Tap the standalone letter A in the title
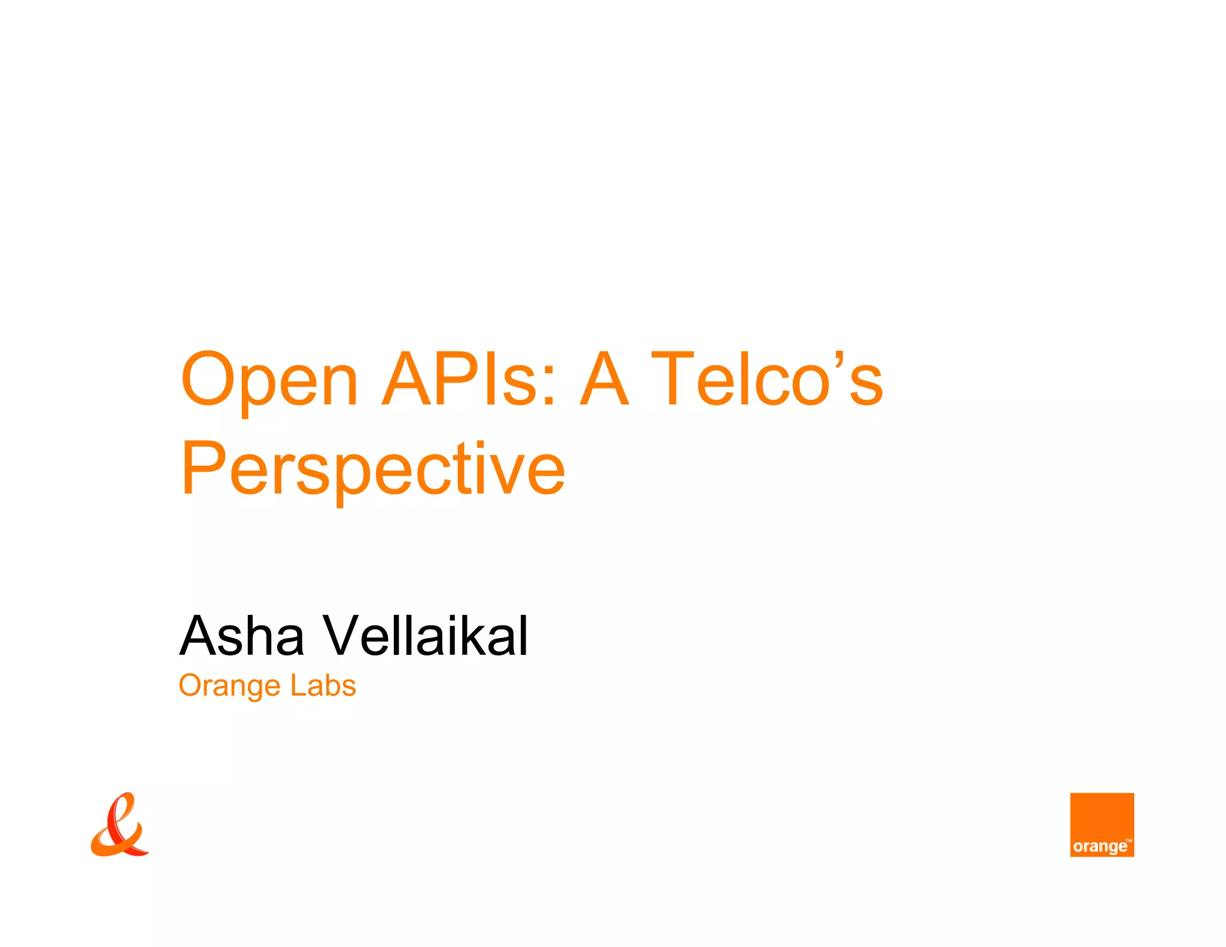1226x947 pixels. [x=605, y=378]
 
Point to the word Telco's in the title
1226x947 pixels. [x=767, y=378]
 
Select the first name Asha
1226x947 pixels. [x=242, y=636]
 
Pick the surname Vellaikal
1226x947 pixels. [x=426, y=636]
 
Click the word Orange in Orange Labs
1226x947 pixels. [x=229, y=686]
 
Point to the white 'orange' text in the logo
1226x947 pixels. [x=1099, y=846]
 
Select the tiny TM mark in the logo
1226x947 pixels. [x=1128, y=840]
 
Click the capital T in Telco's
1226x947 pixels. [x=672, y=378]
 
